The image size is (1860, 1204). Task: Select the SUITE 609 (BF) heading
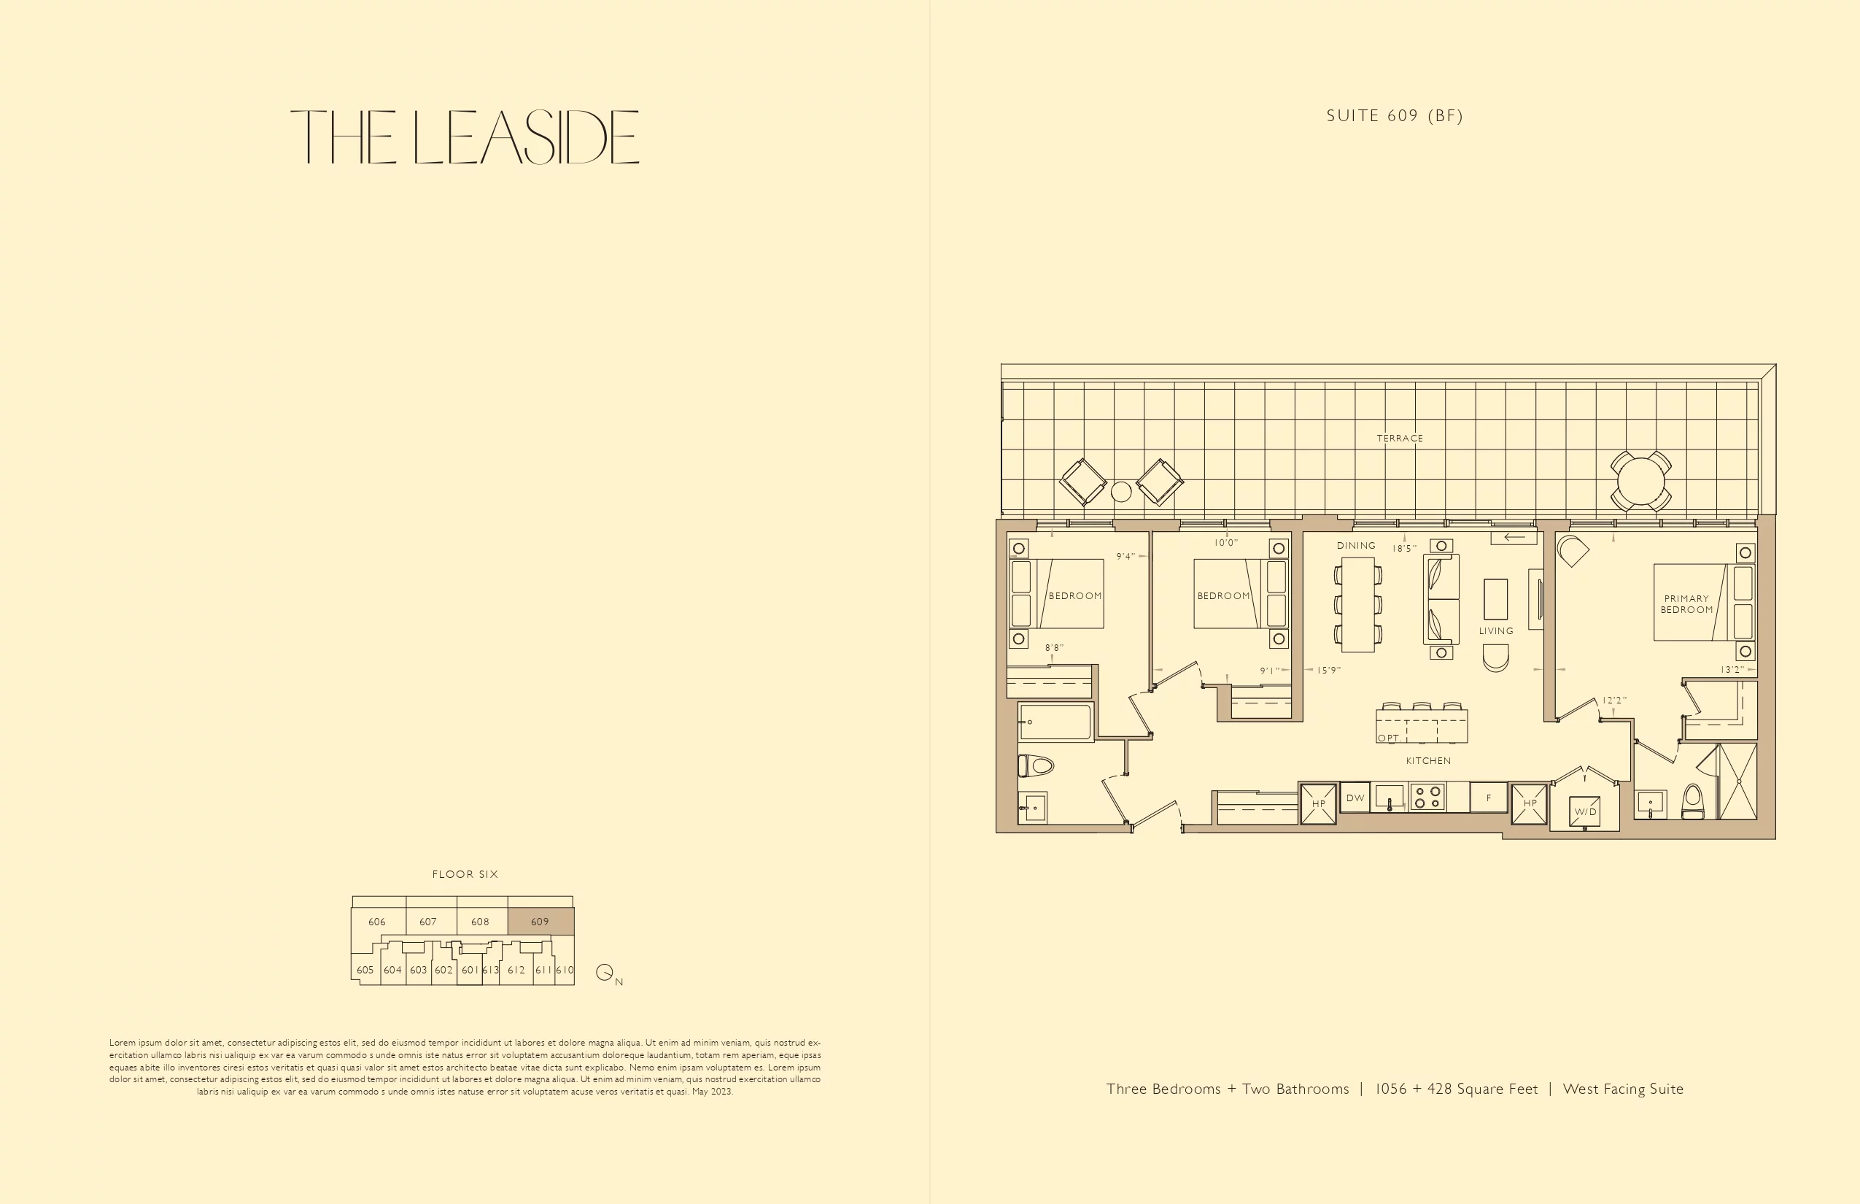click(x=1395, y=116)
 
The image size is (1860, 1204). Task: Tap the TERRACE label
click(x=1400, y=438)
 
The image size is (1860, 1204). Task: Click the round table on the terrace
click(x=1640, y=482)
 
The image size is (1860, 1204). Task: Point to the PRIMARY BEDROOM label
click(x=1686, y=604)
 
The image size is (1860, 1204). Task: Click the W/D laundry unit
click(x=1585, y=811)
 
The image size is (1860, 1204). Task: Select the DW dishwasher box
click(x=1355, y=798)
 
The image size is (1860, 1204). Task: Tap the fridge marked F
click(x=1489, y=798)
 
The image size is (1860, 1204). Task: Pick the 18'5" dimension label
click(x=1404, y=549)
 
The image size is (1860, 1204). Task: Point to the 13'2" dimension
click(x=1732, y=669)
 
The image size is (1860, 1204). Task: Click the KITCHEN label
click(x=1429, y=760)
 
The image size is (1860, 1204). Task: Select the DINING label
click(x=1356, y=546)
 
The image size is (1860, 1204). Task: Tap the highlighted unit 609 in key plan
click(x=540, y=922)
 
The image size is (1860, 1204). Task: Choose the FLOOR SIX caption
click(x=465, y=874)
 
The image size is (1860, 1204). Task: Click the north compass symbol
click(x=605, y=972)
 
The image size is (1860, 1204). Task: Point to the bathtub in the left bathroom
click(x=1055, y=722)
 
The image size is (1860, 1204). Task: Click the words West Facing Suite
click(x=1623, y=1089)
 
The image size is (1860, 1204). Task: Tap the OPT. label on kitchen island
click(x=1389, y=737)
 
